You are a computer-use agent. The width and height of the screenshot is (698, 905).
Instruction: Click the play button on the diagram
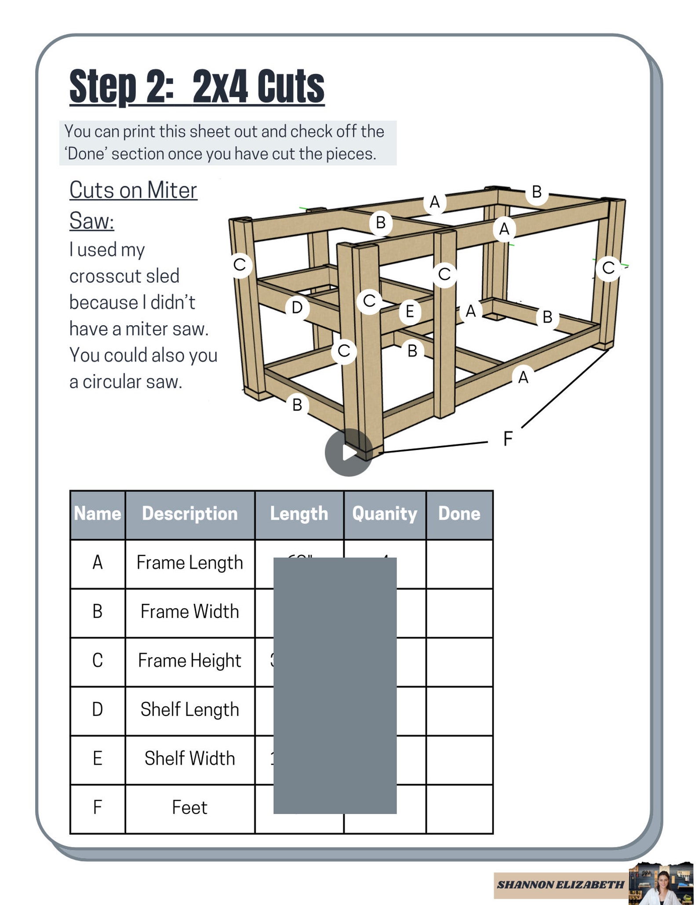(x=349, y=452)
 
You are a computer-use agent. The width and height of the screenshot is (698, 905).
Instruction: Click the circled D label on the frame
(x=297, y=308)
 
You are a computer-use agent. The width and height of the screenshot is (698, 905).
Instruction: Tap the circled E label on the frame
(x=410, y=312)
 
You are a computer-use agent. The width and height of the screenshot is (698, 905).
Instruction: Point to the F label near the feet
(x=508, y=438)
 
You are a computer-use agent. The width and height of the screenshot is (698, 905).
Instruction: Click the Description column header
(x=189, y=514)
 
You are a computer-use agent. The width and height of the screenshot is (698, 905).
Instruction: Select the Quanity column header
(x=385, y=514)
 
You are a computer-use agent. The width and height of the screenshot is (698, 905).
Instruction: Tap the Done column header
(x=459, y=514)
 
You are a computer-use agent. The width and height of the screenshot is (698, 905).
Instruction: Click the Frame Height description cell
(x=189, y=661)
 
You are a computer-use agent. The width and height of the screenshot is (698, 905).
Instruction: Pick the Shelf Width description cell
(x=189, y=759)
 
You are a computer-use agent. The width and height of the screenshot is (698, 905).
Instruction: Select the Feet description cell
(x=189, y=808)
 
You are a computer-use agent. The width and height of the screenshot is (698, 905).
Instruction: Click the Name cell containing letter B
(x=98, y=612)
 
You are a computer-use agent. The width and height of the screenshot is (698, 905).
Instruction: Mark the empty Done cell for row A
(x=459, y=563)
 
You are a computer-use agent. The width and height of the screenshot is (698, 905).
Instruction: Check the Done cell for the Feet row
(x=459, y=809)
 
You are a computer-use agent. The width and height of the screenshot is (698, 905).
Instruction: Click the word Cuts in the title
(x=291, y=87)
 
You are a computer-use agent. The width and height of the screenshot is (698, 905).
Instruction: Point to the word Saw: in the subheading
(x=91, y=220)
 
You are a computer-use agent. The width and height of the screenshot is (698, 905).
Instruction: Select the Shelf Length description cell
(x=189, y=710)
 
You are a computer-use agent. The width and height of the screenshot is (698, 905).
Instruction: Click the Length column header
(x=299, y=514)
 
